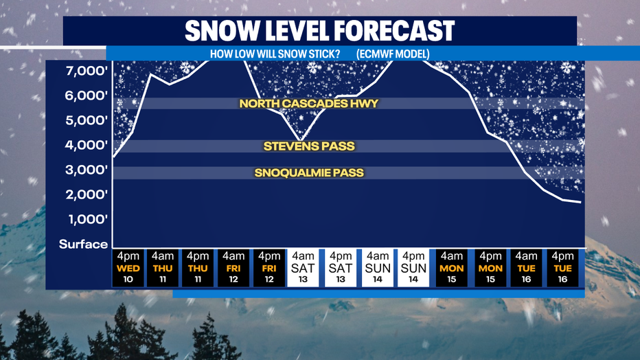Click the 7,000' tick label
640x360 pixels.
pos(87,71)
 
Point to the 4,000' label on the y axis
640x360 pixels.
pos(87,145)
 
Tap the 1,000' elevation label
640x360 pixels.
pos(88,219)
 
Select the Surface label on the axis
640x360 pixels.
pos(83,244)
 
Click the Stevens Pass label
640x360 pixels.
pos(309,146)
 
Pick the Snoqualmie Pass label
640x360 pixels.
pos(309,172)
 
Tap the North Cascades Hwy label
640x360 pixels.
pos(309,103)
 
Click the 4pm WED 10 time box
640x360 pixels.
pos(128,268)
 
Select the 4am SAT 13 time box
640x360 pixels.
pos(303,268)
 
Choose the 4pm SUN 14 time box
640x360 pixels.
pos(413,268)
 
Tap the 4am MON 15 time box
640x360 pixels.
pos(451,268)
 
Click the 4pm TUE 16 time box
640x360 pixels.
pos(562,268)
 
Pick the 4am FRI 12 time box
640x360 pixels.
pos(233,268)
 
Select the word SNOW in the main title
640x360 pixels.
pos(222,31)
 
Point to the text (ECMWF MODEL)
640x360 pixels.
pos(393,54)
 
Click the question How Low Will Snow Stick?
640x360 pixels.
pos(275,54)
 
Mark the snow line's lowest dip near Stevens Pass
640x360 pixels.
pos(301,141)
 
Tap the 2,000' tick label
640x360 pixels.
pos(87,194)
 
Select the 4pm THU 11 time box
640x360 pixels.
pos(198,268)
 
